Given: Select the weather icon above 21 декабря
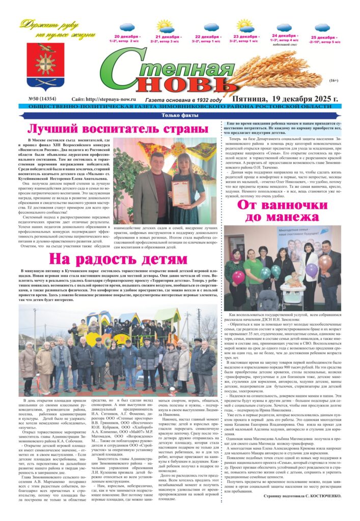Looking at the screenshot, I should click(x=165, y=25).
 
